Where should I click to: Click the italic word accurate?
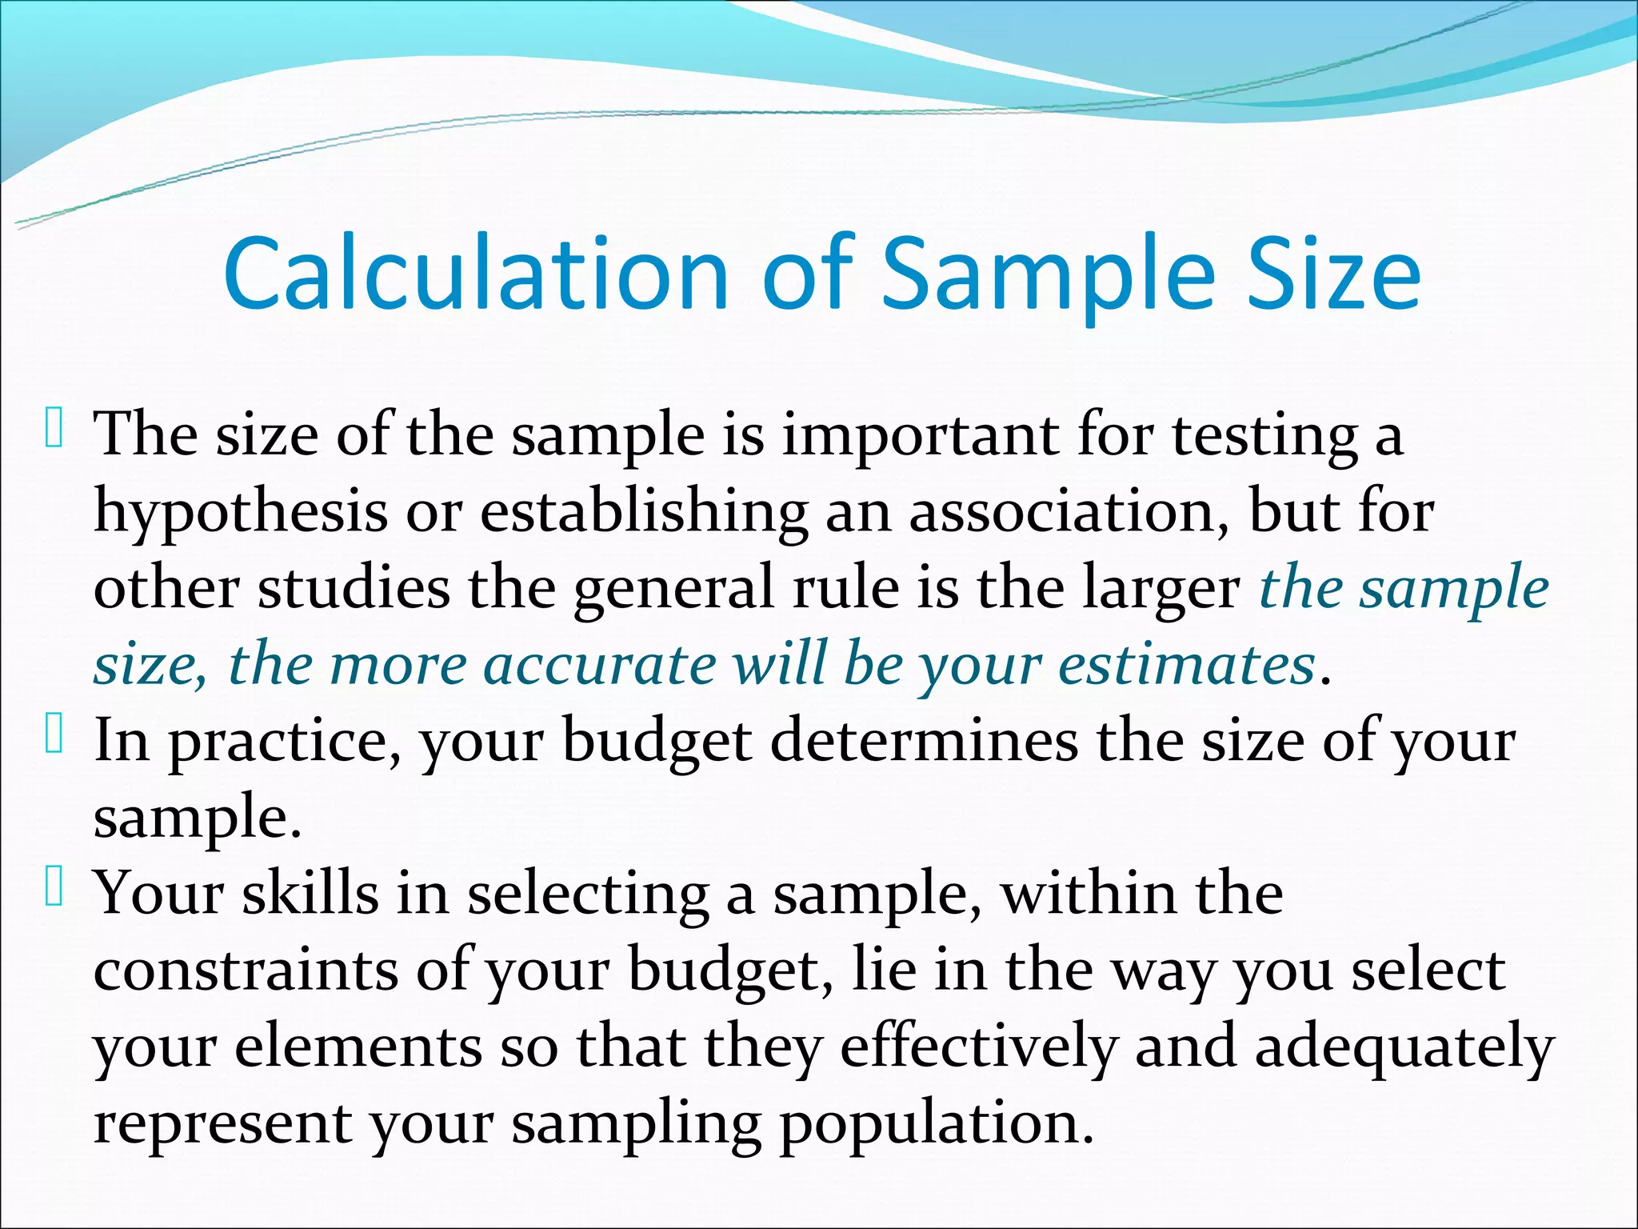click(600, 665)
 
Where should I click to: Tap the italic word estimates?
click(1187, 665)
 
